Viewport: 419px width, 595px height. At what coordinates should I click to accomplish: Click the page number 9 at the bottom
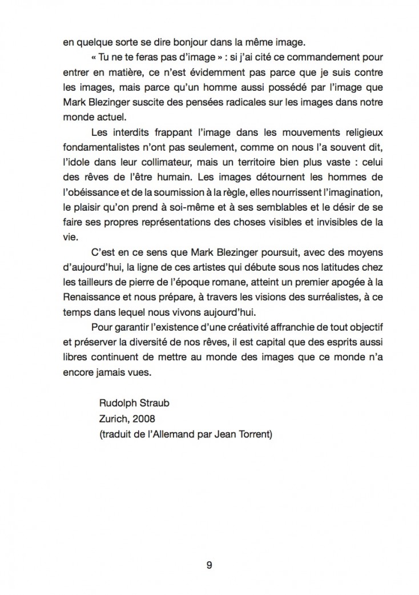(x=209, y=566)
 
